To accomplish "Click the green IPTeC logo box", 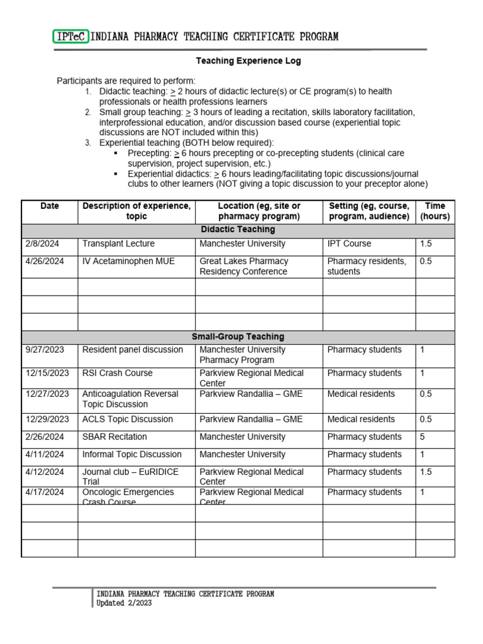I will [x=71, y=37].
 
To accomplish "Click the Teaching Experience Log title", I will [x=248, y=61].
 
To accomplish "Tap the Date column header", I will [x=49, y=206].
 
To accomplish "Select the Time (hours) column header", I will [x=435, y=211].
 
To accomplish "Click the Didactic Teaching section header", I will [x=238, y=230].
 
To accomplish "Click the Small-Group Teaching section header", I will [x=238, y=337].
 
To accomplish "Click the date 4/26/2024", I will [x=45, y=261].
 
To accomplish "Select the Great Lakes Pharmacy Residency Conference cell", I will [x=243, y=267].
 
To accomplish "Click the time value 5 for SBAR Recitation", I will [x=423, y=436].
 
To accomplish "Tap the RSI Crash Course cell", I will [x=118, y=373].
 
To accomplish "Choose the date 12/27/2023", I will [x=47, y=394].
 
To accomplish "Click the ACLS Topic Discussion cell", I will [x=128, y=419].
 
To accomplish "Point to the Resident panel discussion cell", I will [x=133, y=350].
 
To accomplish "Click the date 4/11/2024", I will [x=45, y=454].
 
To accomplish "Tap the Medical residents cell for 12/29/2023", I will [x=361, y=419].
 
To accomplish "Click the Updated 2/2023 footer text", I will [x=124, y=603].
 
